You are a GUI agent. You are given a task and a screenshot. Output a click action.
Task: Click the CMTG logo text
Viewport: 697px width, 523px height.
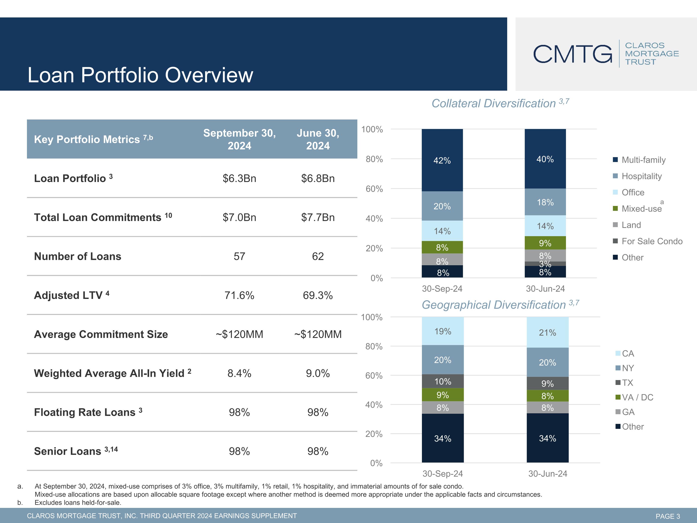click(x=572, y=54)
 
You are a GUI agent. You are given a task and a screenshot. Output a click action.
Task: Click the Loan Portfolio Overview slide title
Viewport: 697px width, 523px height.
click(x=140, y=75)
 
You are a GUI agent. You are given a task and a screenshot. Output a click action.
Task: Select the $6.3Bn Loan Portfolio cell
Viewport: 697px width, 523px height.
click(x=240, y=179)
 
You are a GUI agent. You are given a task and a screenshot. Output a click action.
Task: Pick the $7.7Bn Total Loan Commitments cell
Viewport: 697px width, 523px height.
click(x=318, y=218)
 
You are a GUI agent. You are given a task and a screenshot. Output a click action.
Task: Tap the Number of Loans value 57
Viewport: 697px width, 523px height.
click(x=240, y=256)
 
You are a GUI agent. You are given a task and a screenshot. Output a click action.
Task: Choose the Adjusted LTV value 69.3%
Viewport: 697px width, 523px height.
click(x=318, y=295)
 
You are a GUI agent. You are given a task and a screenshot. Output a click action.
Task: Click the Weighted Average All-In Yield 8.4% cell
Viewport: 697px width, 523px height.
click(x=240, y=373)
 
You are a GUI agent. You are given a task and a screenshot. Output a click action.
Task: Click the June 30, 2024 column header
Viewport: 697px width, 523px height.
click(x=318, y=139)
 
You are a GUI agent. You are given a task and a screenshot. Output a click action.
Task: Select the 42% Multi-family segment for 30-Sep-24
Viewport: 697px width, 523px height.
click(x=442, y=160)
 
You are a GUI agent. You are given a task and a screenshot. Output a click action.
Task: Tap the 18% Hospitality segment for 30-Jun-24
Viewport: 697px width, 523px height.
click(x=545, y=202)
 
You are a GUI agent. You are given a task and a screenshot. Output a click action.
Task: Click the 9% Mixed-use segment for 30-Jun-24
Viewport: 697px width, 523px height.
click(x=545, y=243)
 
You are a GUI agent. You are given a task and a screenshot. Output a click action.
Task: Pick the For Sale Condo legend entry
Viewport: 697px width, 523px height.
click(x=648, y=241)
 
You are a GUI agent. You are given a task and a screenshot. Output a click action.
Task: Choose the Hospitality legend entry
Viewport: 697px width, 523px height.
click(x=637, y=176)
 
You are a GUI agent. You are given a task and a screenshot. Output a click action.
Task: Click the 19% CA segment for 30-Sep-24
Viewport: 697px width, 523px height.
click(x=443, y=331)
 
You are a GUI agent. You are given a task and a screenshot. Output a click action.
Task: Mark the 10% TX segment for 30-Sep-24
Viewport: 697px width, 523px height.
click(x=443, y=381)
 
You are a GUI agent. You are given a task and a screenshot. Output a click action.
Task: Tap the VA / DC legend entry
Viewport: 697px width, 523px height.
click(x=634, y=397)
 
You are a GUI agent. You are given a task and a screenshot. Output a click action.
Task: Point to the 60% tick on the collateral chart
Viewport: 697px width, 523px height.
click(x=374, y=189)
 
